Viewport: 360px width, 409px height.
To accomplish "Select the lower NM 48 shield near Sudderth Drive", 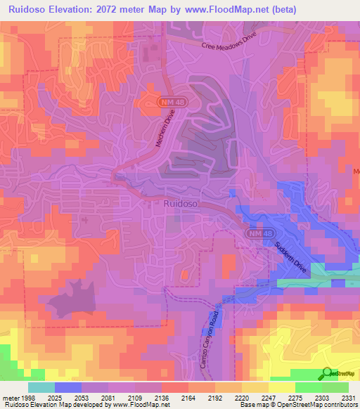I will click(x=257, y=233).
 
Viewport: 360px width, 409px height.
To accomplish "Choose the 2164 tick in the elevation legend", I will click(x=187, y=397).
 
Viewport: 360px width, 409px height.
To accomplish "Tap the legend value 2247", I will click(x=266, y=397).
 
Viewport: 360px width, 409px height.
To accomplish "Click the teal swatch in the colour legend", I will click(x=41, y=387).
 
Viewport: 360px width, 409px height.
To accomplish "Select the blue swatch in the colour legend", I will click(x=67, y=387).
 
